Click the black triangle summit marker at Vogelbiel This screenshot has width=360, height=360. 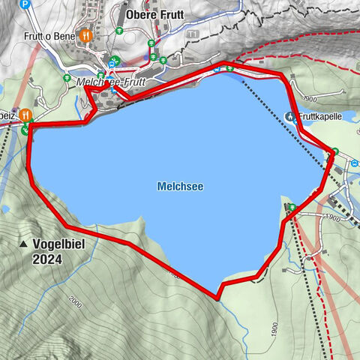coord(24,244)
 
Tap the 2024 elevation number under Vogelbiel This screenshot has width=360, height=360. coord(47,259)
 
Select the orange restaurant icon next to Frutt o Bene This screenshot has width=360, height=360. coord(87,34)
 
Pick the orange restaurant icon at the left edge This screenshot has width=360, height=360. coord(25,115)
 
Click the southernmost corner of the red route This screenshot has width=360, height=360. coord(217,298)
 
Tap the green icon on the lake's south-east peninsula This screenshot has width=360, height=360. coord(292,208)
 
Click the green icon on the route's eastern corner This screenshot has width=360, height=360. coord(334,153)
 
